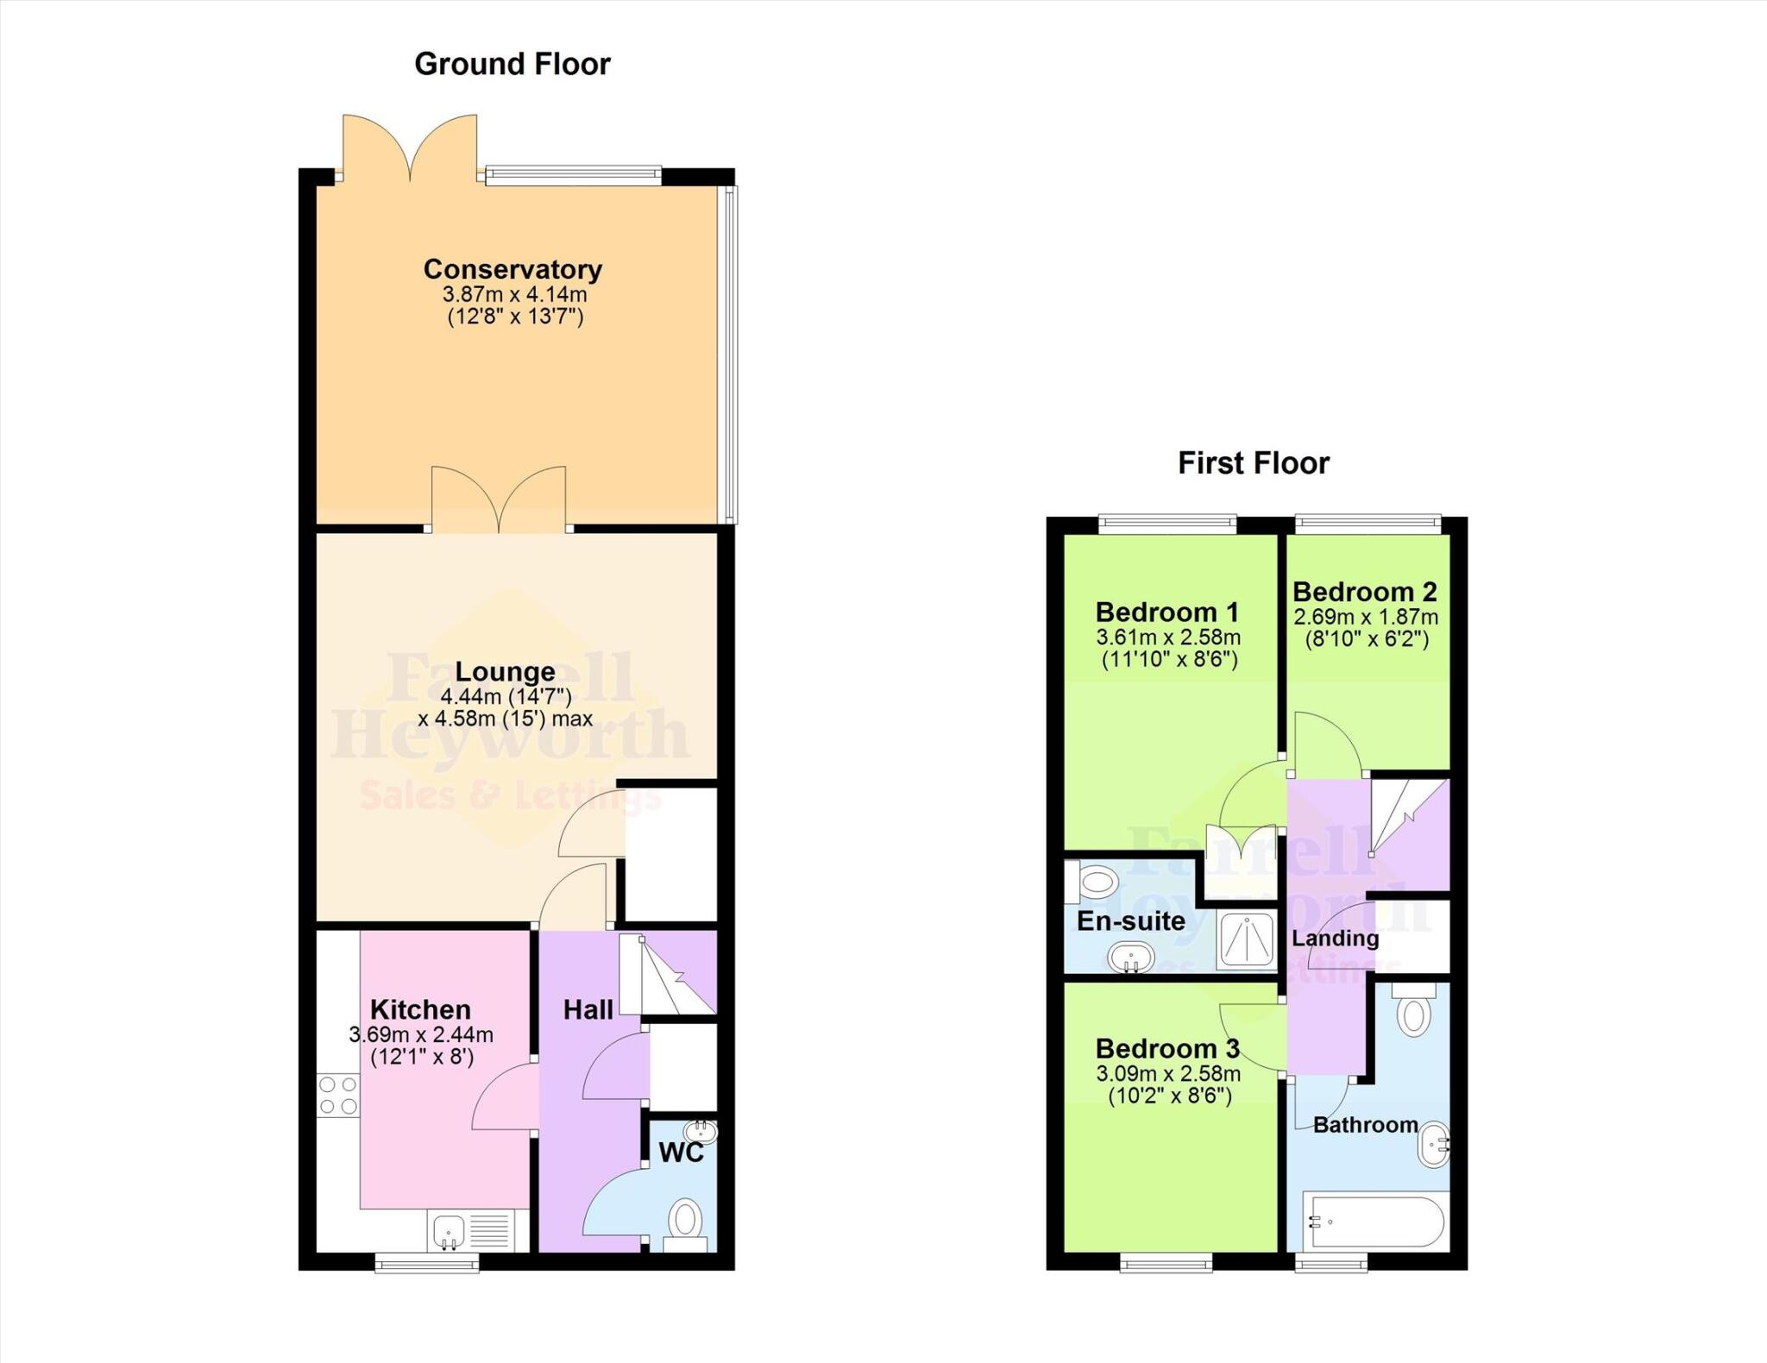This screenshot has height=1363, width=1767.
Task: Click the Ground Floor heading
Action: [512, 64]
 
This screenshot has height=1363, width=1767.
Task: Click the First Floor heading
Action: [1253, 463]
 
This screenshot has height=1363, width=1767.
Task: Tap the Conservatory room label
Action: [512, 269]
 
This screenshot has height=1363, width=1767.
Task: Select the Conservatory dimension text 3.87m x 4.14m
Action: [514, 294]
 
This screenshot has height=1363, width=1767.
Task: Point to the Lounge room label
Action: [505, 671]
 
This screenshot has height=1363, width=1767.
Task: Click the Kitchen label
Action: [420, 1009]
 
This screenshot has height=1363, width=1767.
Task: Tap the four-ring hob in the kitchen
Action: [338, 1095]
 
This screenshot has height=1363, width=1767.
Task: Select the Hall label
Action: [588, 1010]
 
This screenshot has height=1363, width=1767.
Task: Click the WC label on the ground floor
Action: [681, 1153]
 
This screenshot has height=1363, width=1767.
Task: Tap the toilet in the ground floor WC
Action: [686, 1220]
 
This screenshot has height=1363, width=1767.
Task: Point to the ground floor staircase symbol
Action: [669, 975]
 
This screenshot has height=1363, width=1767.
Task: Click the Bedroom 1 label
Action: [1166, 612]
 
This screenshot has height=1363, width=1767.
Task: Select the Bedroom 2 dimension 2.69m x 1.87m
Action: [1365, 618]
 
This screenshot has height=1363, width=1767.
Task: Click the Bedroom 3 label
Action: [1166, 1049]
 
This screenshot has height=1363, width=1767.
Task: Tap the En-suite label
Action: [1130, 921]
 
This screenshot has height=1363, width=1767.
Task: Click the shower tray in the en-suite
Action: [1247, 939]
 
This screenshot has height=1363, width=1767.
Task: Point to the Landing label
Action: [1335, 939]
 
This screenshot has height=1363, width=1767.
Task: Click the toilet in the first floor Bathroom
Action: [1413, 1013]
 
